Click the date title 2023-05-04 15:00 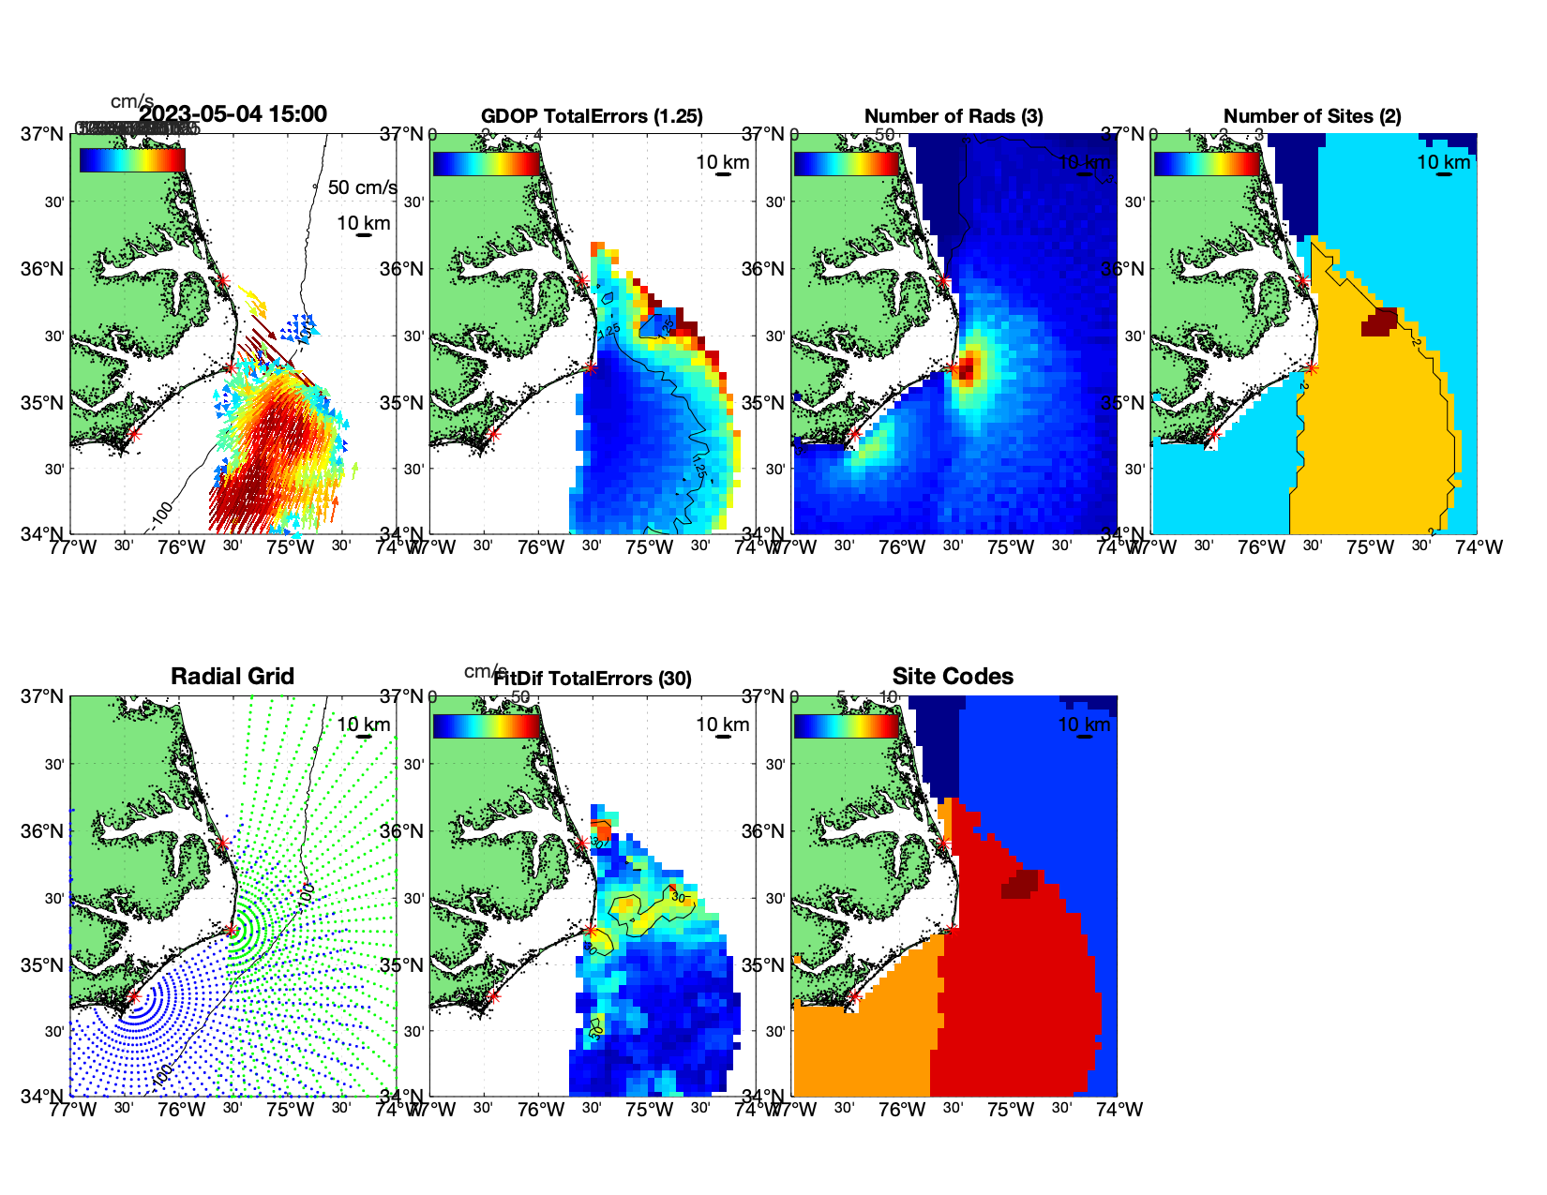[233, 114]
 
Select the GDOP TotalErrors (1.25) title [592, 116]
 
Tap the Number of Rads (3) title [954, 116]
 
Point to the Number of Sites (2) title [1312, 116]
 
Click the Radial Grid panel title [233, 677]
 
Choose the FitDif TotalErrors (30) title [593, 679]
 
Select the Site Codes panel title [953, 677]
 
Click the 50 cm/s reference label [362, 187]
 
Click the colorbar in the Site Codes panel [847, 725]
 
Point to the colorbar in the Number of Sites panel [1207, 163]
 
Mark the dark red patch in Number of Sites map [1379, 322]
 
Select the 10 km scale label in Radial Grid [364, 724]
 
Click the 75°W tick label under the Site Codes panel [1011, 1110]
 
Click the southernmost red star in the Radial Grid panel [133, 996]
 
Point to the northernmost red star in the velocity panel [222, 280]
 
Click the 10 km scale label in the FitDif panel [722, 724]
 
